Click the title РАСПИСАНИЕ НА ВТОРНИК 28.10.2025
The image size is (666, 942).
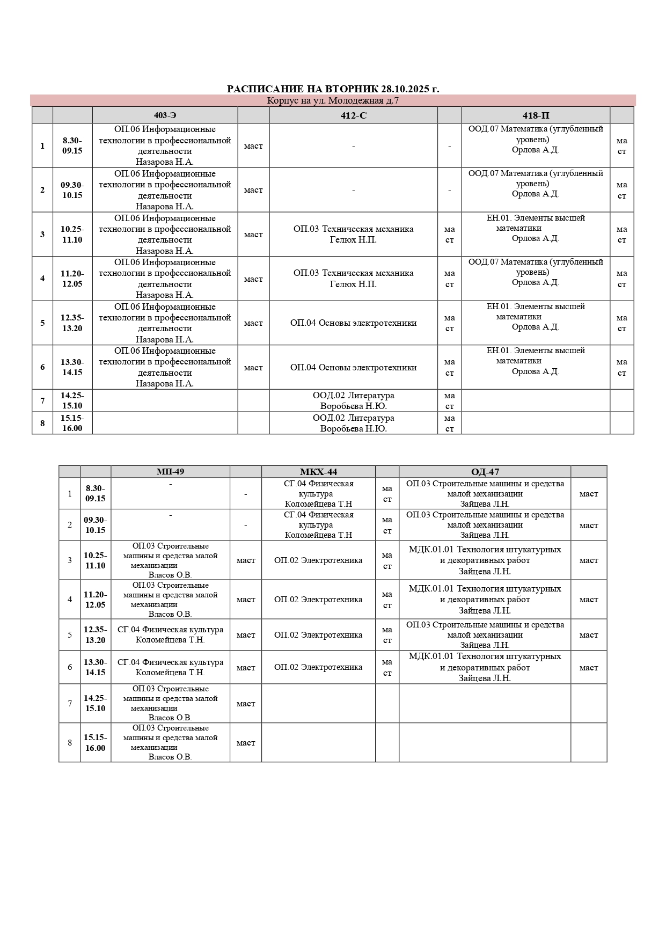coord(333,89)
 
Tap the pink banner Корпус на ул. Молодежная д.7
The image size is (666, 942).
coord(333,100)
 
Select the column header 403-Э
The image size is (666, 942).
coord(165,115)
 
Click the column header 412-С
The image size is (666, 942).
coord(353,115)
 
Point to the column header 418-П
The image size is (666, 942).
coord(535,115)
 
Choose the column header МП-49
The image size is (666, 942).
coord(170,472)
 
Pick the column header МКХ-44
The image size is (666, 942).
coord(318,472)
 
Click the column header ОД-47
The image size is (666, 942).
coord(485,472)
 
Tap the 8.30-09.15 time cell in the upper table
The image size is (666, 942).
coord(72,145)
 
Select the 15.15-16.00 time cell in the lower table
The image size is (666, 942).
coord(95,742)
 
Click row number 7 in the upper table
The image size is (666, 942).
coord(42,400)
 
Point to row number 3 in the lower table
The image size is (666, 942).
coord(69,560)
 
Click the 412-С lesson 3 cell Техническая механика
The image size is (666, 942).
coord(353,234)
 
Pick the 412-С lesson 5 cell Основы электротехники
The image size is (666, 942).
coord(353,323)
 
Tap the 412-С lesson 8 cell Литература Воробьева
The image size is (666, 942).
coord(353,423)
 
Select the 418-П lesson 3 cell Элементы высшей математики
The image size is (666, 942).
coord(535,228)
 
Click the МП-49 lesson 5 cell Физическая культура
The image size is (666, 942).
coord(170,634)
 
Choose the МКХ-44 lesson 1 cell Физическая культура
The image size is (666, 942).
coord(318,493)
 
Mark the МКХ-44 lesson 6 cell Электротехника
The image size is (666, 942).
coord(318,667)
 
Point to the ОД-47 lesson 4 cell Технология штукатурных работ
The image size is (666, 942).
coord(485,599)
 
